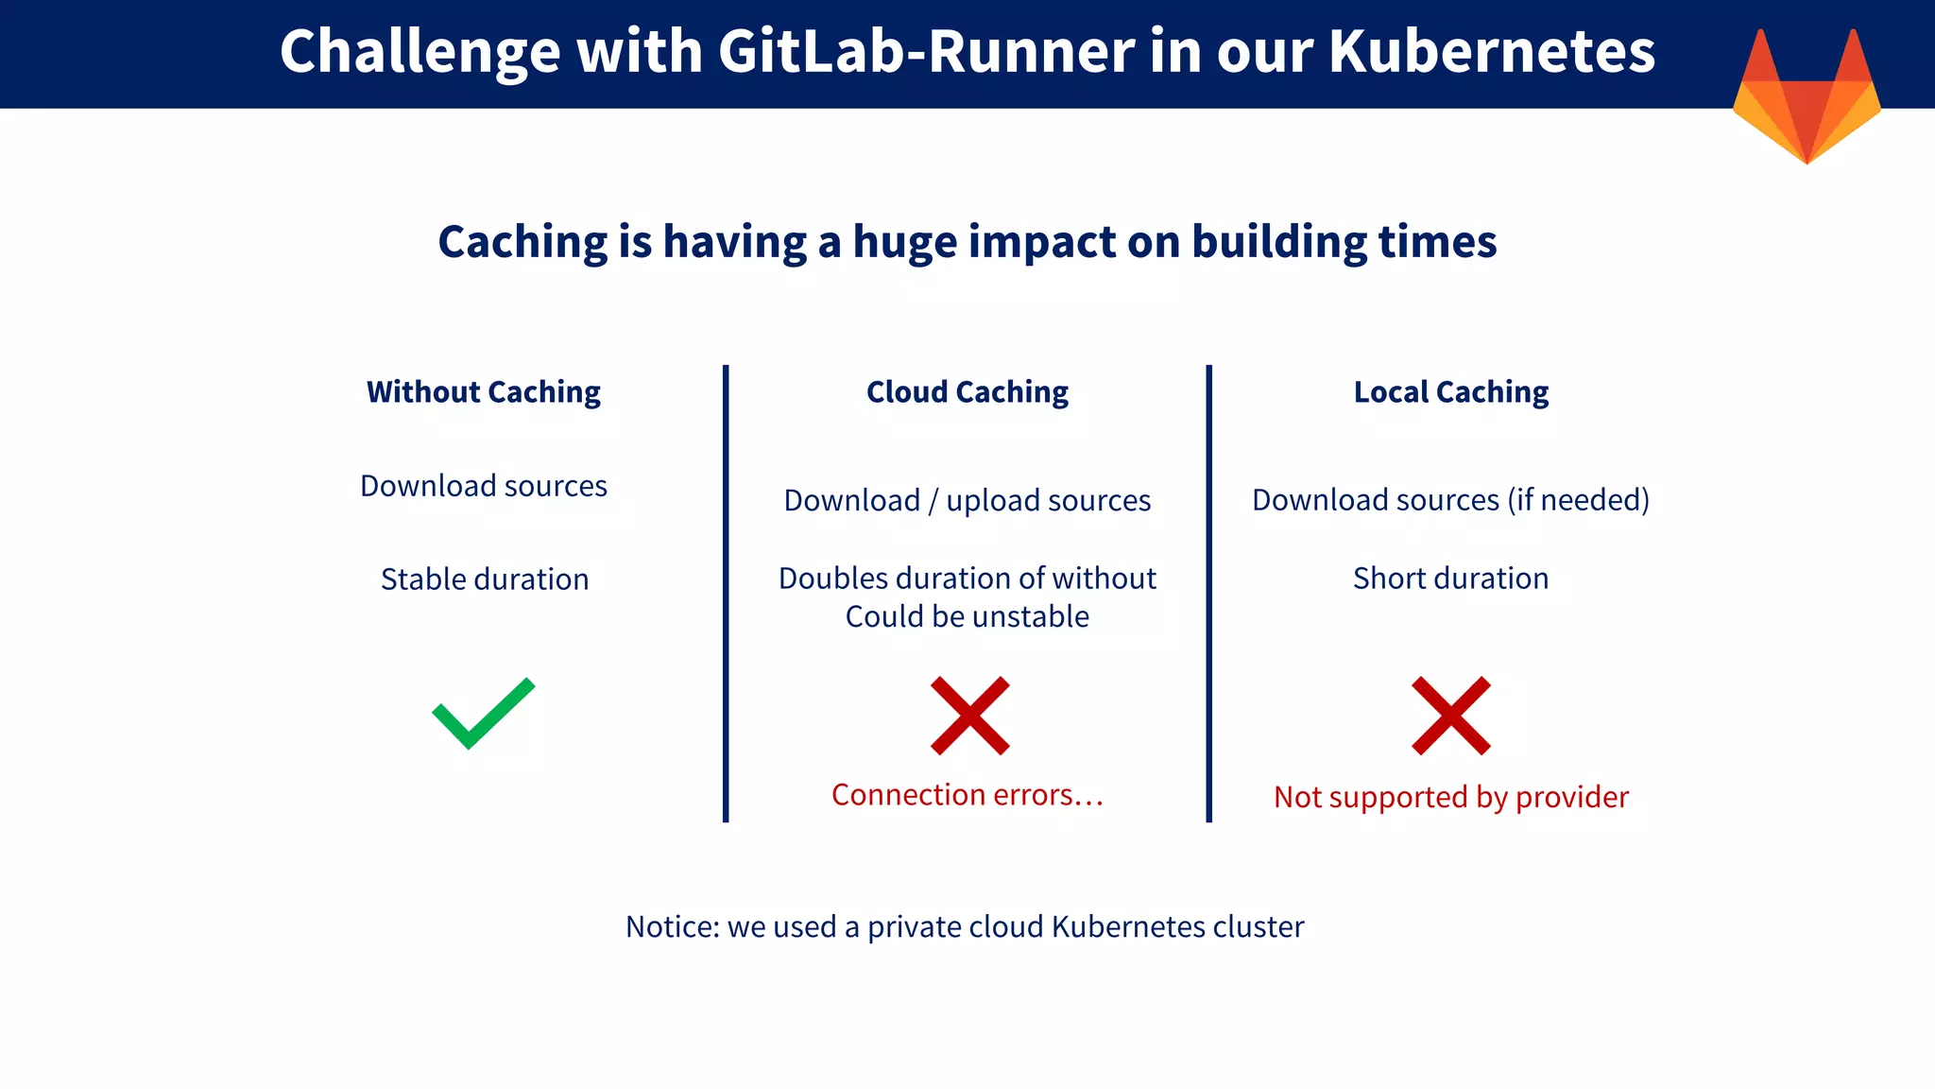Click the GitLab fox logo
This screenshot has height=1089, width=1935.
coord(1807,99)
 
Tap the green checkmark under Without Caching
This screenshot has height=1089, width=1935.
coord(483,714)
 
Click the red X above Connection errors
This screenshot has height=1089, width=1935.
coord(969,716)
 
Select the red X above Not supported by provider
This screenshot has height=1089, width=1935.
coord(1451,716)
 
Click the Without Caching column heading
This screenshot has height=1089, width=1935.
coord(483,391)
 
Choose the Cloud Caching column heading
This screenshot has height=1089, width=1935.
coord(967,391)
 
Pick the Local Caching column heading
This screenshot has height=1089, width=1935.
coord(1451,391)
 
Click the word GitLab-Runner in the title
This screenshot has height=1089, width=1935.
coord(926,51)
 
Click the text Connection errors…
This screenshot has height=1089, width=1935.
coord(967,795)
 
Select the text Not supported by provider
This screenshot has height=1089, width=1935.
coord(1451,797)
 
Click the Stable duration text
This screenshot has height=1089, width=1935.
coord(485,579)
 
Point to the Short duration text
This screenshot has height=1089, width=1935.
coord(1451,578)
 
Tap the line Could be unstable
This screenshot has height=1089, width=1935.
coord(967,616)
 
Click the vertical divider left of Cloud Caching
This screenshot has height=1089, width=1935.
coord(726,594)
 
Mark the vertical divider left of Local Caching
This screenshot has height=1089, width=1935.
coord(1208,594)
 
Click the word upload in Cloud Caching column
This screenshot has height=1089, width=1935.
coord(992,500)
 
